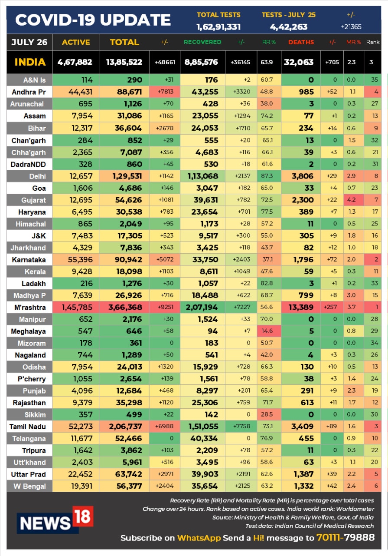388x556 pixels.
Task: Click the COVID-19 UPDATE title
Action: point(93,20)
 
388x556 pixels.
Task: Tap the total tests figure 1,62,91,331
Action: point(218,27)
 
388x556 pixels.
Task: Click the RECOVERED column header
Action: point(202,42)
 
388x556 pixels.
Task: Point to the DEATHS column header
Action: point(301,42)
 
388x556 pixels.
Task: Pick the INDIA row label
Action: point(30,62)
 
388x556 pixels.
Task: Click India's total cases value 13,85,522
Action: point(124,62)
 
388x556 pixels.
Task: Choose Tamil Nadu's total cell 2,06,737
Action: point(124,427)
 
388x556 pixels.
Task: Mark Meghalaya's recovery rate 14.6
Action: point(267,331)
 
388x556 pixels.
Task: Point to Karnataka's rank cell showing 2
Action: point(375,260)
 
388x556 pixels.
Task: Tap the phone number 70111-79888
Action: point(346,538)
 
